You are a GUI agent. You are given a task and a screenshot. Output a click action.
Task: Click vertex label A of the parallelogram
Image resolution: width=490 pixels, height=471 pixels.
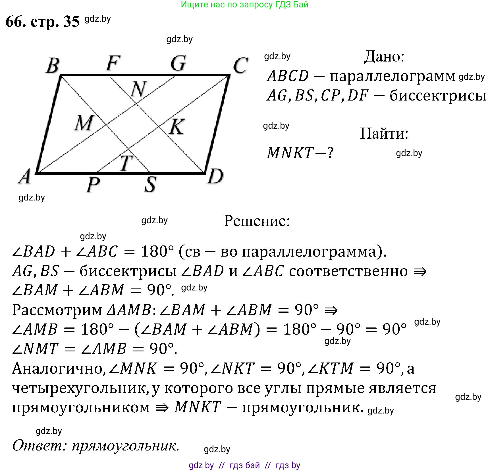(x=25, y=177)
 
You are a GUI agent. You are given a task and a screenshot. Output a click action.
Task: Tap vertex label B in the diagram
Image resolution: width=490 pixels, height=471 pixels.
(x=53, y=65)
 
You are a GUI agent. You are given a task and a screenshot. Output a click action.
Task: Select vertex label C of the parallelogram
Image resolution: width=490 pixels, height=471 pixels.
(x=240, y=65)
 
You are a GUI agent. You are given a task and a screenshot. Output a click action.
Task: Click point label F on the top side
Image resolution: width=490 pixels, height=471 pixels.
(x=113, y=63)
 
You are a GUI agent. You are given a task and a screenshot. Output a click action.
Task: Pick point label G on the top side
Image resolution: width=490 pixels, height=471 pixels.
(x=178, y=63)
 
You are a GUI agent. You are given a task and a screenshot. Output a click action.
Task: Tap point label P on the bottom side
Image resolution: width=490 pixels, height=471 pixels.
(x=93, y=185)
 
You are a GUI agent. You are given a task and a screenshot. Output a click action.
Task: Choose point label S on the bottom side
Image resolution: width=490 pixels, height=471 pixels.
(x=150, y=184)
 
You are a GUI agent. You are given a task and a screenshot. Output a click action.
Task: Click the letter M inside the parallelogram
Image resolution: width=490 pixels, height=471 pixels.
(x=84, y=123)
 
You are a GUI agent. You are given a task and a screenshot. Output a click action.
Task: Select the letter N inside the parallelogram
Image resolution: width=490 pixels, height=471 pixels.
(x=138, y=89)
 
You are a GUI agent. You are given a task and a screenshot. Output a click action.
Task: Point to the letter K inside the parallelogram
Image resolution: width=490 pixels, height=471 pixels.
(x=177, y=126)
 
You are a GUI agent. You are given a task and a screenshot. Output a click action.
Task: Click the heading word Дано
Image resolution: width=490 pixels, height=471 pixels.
(x=384, y=56)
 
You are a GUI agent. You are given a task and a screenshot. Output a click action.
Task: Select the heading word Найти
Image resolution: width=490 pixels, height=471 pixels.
(x=384, y=133)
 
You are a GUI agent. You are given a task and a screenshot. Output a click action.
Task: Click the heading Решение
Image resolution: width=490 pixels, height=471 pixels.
(x=257, y=221)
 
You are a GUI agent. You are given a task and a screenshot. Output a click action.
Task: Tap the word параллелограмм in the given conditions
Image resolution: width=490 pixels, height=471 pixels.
(x=392, y=76)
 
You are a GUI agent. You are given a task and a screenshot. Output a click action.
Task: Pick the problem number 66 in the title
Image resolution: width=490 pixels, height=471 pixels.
(x=16, y=21)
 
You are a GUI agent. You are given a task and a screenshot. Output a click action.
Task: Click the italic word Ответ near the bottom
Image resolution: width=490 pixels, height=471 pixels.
(x=39, y=445)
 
